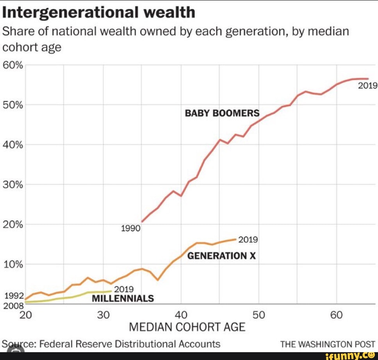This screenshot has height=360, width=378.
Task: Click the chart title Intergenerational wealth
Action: (x=99, y=13)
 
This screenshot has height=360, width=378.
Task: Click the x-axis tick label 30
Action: (x=103, y=315)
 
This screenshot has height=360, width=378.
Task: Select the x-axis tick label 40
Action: (x=181, y=315)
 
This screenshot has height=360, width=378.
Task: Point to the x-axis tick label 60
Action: (x=336, y=315)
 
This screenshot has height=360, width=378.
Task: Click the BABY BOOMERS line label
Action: (x=222, y=113)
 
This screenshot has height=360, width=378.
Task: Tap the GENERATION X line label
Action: (x=221, y=256)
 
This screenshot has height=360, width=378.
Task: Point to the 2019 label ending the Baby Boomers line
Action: (x=367, y=86)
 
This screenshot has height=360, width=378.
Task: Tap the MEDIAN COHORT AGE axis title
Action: (x=187, y=327)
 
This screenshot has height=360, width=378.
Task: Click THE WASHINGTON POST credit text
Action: (x=328, y=344)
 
